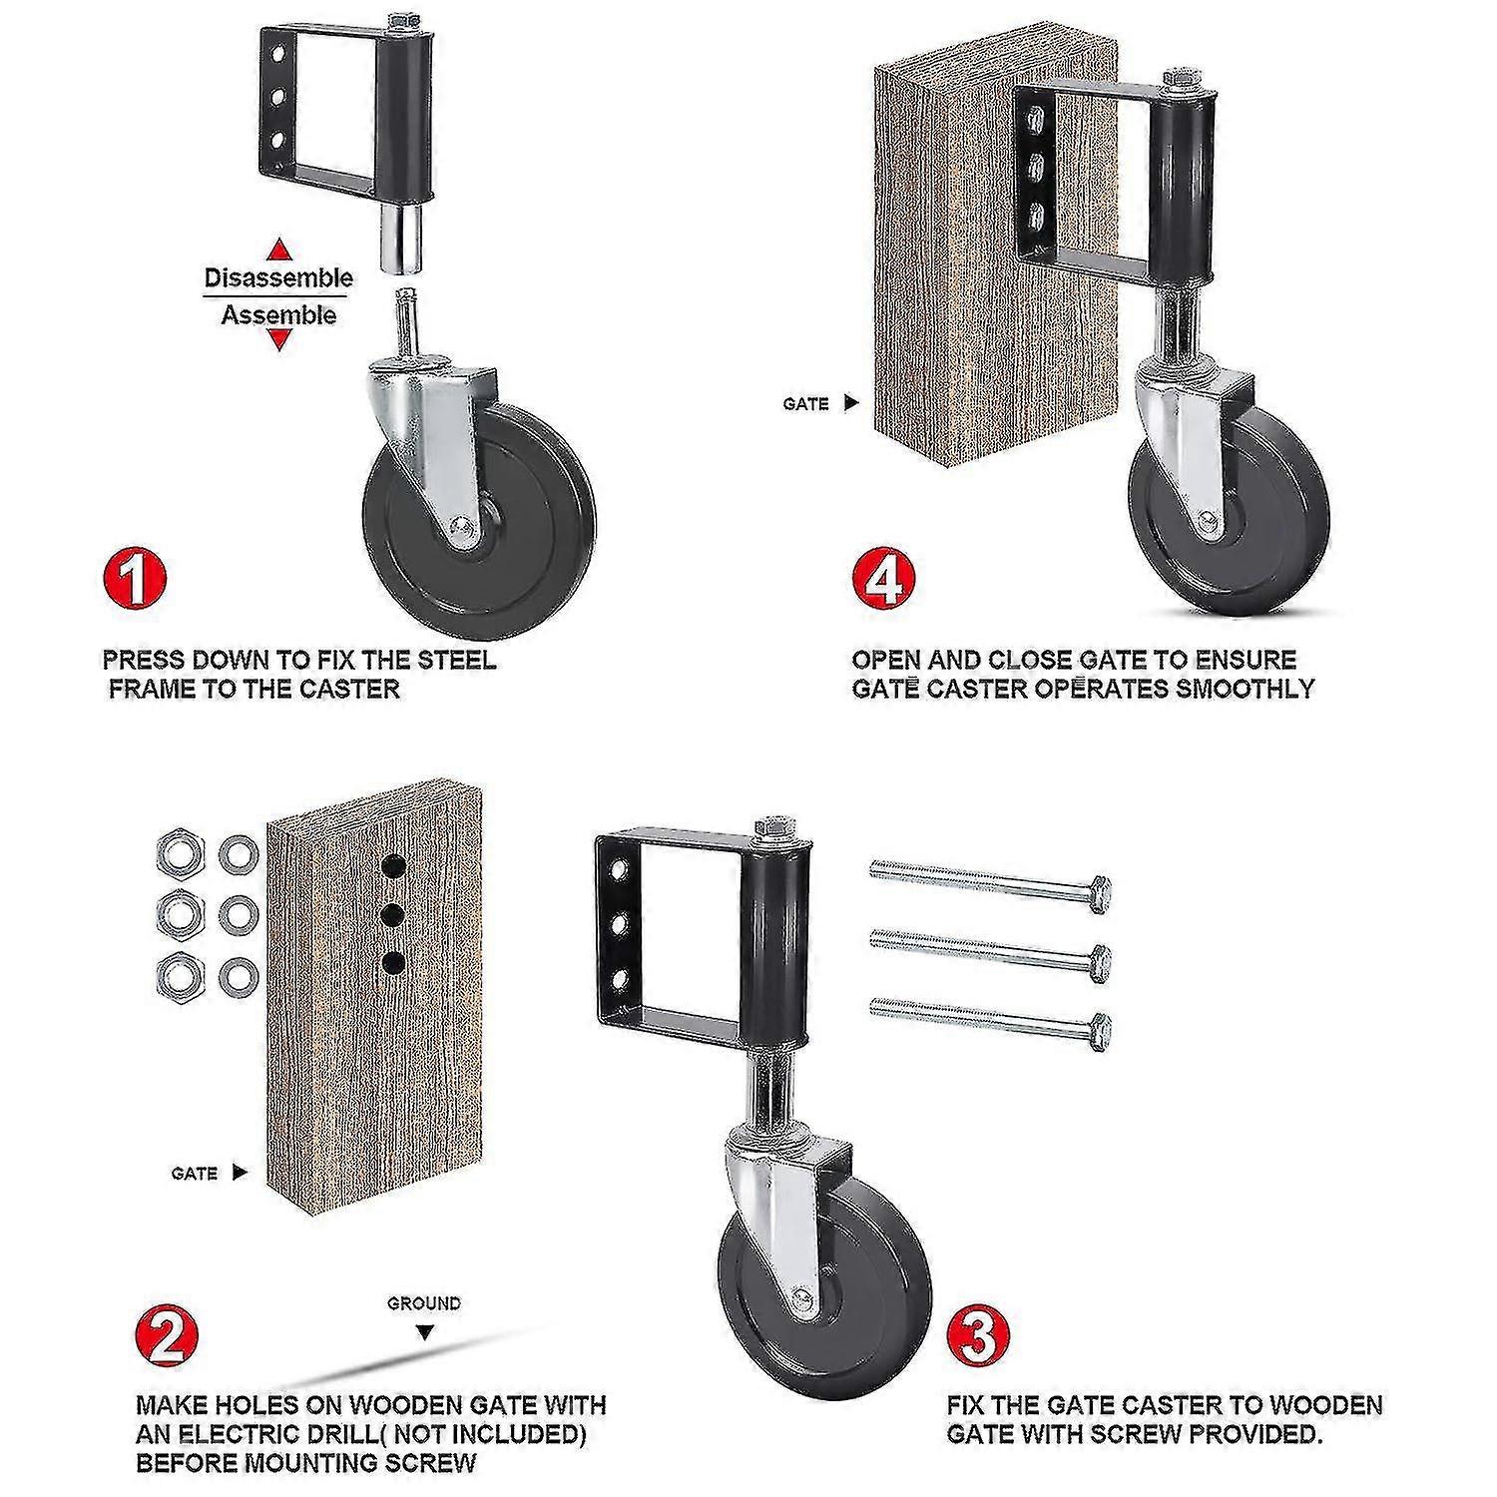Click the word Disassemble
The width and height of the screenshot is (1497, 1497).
[x=278, y=278]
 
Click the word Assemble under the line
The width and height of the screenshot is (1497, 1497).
[x=279, y=315]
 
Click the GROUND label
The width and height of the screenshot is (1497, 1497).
[x=424, y=1302]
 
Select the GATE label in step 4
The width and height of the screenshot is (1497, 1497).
[x=806, y=404]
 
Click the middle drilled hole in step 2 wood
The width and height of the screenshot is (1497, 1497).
[x=394, y=914]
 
